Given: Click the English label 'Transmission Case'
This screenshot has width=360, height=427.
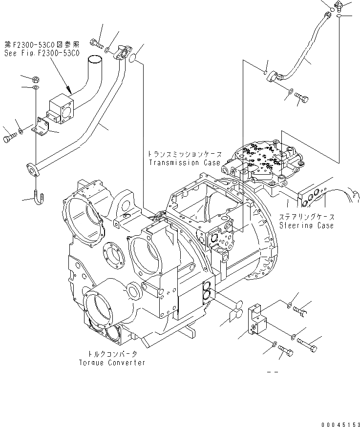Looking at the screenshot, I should (x=181, y=163).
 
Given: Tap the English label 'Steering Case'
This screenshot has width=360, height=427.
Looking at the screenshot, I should (x=307, y=225).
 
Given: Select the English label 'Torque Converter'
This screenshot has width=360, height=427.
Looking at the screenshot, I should (x=112, y=363).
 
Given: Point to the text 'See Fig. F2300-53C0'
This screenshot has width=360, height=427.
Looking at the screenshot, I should (x=41, y=53).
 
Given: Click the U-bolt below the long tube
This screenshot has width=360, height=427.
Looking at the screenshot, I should (x=39, y=197).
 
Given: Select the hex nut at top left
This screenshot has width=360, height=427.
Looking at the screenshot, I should (x=36, y=79).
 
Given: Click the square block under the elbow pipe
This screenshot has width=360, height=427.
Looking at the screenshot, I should (x=61, y=110).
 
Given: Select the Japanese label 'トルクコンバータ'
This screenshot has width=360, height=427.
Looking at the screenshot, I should (x=112, y=355).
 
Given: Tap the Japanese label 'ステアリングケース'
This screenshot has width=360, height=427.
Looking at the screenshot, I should (x=307, y=217).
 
